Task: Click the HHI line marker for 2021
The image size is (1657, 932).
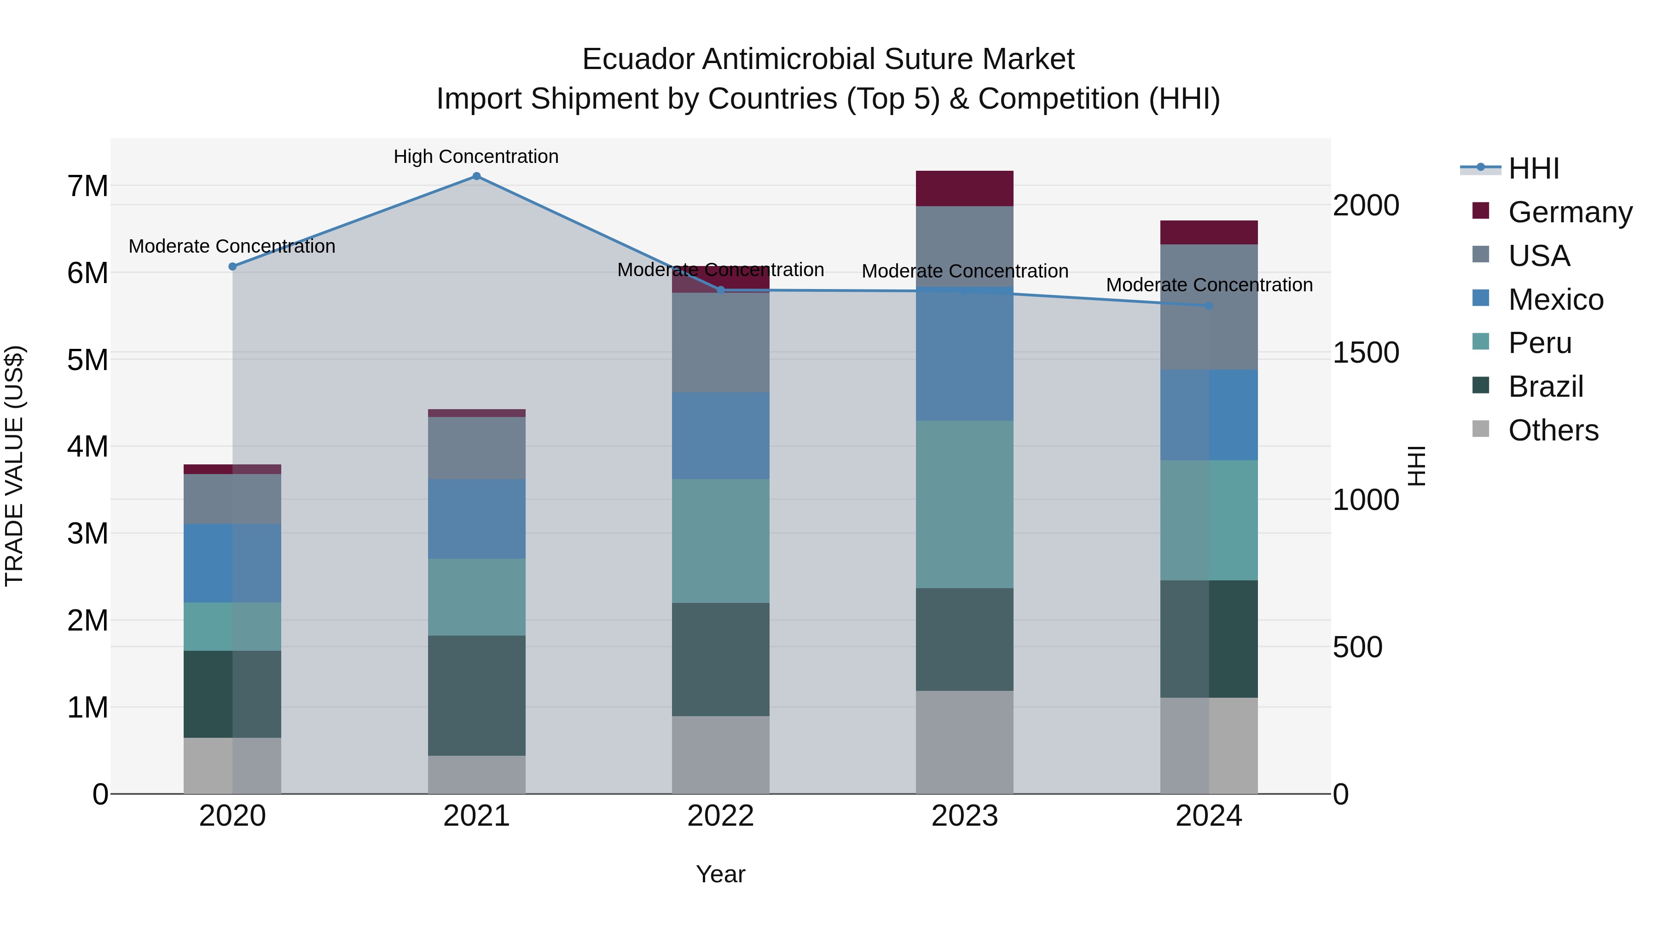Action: (477, 176)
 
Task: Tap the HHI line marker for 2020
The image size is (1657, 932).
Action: (233, 266)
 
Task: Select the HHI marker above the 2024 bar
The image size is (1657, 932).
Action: (1209, 306)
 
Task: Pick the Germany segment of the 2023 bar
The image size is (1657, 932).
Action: (964, 188)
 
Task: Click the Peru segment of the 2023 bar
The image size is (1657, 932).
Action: (964, 504)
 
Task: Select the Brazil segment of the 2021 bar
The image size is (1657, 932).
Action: (477, 695)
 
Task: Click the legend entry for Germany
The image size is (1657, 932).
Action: (1570, 212)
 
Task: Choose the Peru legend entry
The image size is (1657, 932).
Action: (1540, 343)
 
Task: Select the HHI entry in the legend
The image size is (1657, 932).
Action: (1534, 168)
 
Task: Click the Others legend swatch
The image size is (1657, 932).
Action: (1481, 429)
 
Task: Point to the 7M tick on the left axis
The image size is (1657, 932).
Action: (87, 186)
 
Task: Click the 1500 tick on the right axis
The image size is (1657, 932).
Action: (1366, 353)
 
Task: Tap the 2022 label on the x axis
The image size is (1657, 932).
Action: (720, 816)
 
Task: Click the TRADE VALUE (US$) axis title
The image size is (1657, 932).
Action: (15, 466)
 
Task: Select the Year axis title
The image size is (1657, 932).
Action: (720, 874)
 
